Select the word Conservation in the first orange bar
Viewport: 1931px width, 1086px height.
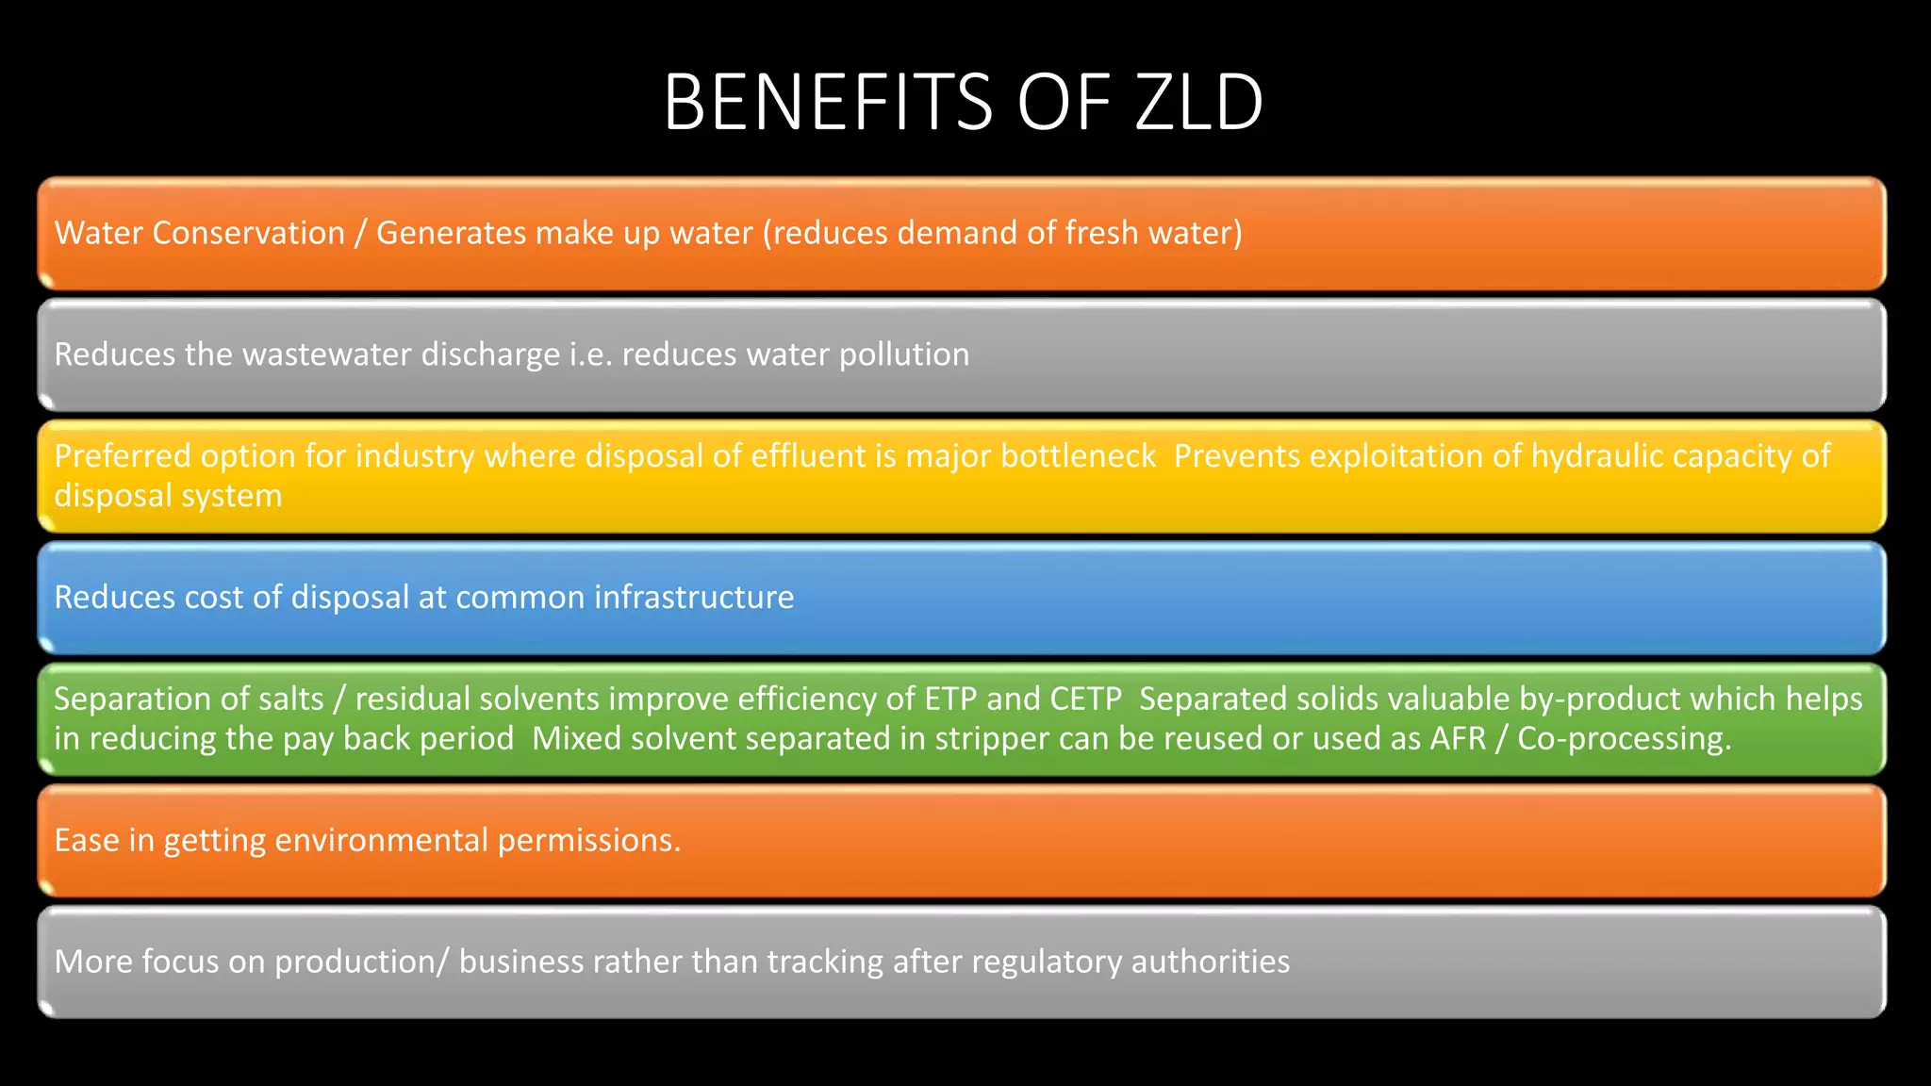tap(249, 233)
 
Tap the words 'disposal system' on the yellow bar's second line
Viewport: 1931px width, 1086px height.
tap(168, 496)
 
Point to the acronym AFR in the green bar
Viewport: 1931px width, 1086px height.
tap(1458, 739)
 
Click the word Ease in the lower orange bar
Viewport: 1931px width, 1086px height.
tap(87, 840)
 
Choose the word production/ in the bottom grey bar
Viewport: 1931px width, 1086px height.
tap(362, 962)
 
